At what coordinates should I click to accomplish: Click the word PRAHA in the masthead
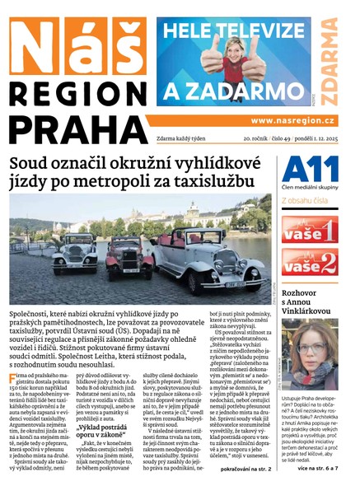(x=75, y=126)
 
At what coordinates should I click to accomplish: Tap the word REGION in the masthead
(x=75, y=91)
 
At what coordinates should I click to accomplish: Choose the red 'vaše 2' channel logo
(x=308, y=263)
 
